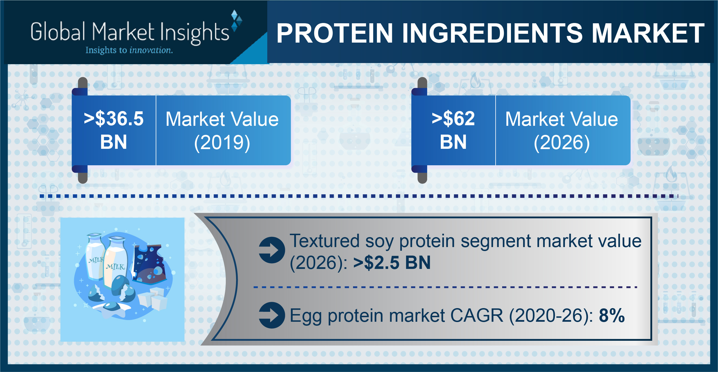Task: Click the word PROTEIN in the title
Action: (x=335, y=33)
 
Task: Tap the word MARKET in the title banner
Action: (x=648, y=33)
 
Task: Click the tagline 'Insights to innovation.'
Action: (x=129, y=50)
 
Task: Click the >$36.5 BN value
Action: (x=114, y=130)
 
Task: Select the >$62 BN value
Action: (x=453, y=130)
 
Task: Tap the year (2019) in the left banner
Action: (x=222, y=143)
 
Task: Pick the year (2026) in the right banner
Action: (x=562, y=143)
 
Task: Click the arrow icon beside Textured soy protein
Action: (x=272, y=250)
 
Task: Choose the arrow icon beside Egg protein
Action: (x=272, y=315)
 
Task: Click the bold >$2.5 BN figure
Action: (x=392, y=262)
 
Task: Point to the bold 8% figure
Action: (x=612, y=315)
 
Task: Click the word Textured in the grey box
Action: (x=325, y=241)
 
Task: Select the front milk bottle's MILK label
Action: (x=115, y=267)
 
